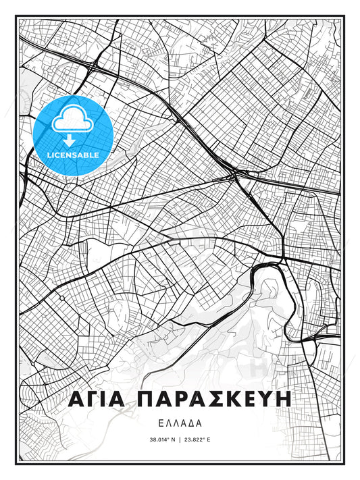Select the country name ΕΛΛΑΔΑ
pyautogui.click(x=180, y=426)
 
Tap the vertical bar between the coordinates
pyautogui.click(x=180, y=440)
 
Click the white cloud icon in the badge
pyautogui.click(x=72, y=121)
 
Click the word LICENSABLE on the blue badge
pyautogui.click(x=72, y=154)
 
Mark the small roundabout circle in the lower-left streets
pyautogui.click(x=61, y=298)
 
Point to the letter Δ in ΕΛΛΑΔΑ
pyautogui.click(x=191, y=426)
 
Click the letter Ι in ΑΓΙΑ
pyautogui.click(x=104, y=399)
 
